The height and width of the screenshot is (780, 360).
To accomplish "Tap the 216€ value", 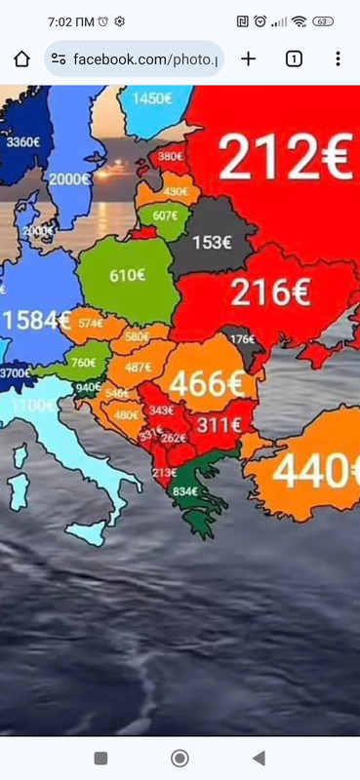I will (x=271, y=292).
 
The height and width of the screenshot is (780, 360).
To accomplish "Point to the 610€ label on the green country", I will (x=127, y=275).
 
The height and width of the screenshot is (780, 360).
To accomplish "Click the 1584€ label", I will (x=35, y=320).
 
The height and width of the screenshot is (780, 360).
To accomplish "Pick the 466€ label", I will (x=208, y=385).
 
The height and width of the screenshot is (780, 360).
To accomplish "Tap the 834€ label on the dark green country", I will (x=186, y=490).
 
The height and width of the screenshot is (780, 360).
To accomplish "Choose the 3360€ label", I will (x=23, y=141).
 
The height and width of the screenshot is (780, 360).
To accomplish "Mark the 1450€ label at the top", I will (x=153, y=97).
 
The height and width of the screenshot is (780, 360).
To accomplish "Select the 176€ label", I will (x=242, y=339).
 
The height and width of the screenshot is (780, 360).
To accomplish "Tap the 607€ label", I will (x=165, y=216).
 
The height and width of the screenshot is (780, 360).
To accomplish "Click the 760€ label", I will (x=84, y=363).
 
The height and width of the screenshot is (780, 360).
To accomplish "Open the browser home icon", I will (x=21, y=58).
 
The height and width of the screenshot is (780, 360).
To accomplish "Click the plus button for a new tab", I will (x=248, y=58).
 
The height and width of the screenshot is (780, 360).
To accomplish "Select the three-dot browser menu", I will (x=338, y=58).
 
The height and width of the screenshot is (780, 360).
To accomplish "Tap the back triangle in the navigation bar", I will (x=259, y=758).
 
